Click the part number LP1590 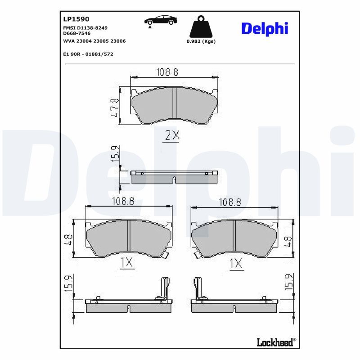click(x=76, y=19)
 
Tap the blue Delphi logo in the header click(x=265, y=29)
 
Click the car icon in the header click(x=161, y=21)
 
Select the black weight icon click(x=201, y=27)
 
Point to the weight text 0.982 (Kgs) click(x=201, y=41)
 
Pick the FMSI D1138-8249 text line click(x=85, y=28)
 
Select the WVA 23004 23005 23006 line click(x=94, y=41)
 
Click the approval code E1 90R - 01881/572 click(x=88, y=54)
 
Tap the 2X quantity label click(x=172, y=135)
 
